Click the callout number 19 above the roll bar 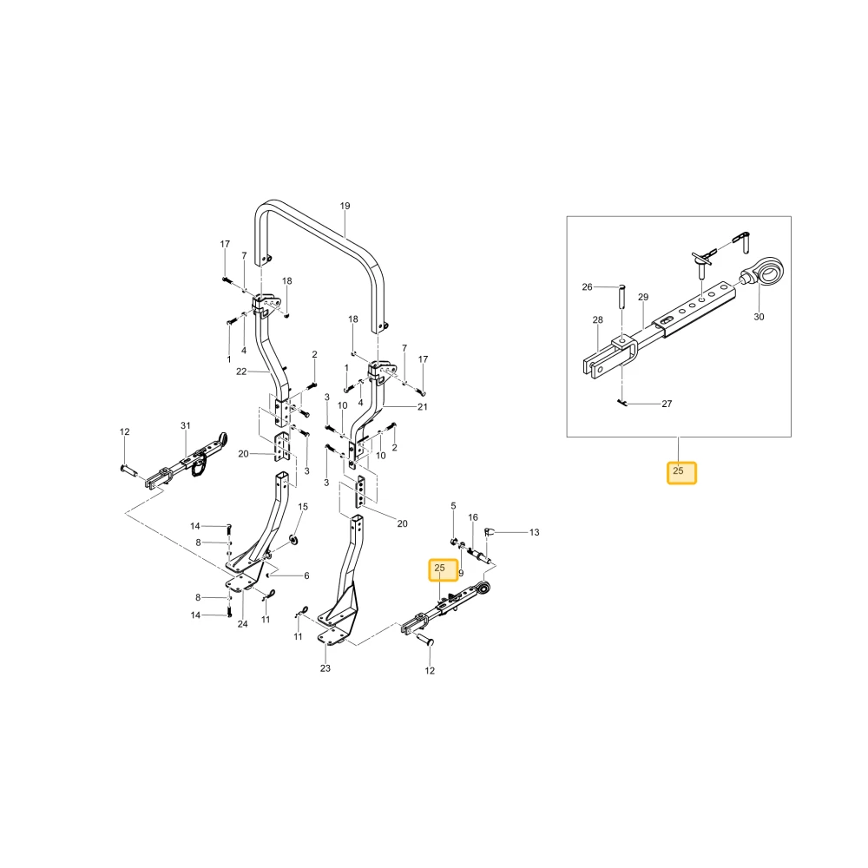[345, 206]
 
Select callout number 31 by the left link [186, 425]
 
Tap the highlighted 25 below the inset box [681, 473]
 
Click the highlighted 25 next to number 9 [444, 569]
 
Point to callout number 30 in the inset [759, 317]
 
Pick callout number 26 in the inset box [588, 286]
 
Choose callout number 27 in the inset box [667, 404]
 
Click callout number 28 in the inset [598, 320]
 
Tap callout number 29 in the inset [643, 297]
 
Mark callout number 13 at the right [534, 533]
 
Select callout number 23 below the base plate [325, 668]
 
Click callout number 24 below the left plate [242, 624]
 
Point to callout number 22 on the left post [241, 372]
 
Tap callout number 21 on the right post [423, 407]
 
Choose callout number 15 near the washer [303, 507]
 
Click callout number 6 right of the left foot [306, 575]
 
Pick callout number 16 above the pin [473, 517]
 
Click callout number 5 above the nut [453, 506]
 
